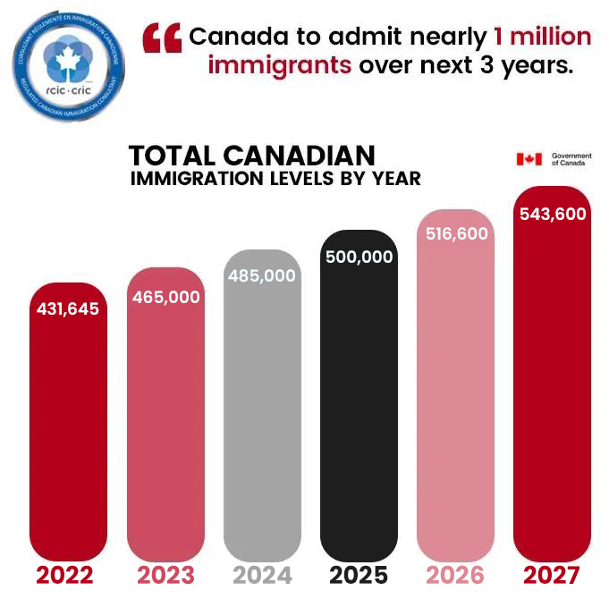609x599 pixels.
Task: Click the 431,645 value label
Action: point(68,309)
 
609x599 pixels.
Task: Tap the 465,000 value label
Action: point(166,296)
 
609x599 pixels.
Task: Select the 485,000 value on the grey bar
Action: point(262,276)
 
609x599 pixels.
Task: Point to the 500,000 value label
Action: point(359,257)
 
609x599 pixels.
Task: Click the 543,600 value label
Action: point(553,213)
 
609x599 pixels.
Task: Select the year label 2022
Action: point(68,574)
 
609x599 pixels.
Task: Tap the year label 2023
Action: point(167,574)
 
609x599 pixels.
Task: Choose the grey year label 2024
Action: point(262,574)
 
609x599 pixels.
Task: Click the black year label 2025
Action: point(359,574)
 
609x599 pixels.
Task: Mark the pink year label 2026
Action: point(454,574)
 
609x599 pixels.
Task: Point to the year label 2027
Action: point(553,574)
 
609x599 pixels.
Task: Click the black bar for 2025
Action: point(359,411)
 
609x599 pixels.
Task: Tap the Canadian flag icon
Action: point(529,159)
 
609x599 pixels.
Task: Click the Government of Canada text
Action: point(571,159)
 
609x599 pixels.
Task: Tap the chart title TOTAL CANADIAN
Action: point(252,155)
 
